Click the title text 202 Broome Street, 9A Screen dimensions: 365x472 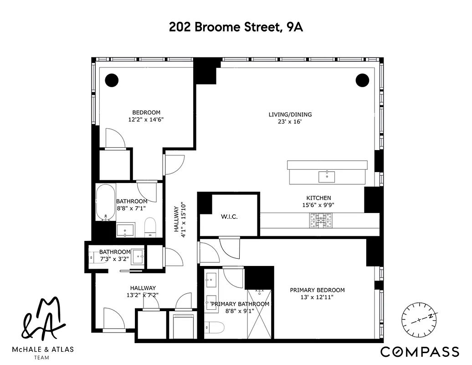(236, 27)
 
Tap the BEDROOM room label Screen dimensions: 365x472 (146, 113)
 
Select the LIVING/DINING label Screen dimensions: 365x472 (290, 115)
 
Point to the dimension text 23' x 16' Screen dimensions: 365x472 (290, 122)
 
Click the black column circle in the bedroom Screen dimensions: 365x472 (112, 80)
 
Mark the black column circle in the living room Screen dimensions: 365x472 (362, 80)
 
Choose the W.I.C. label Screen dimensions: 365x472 (229, 217)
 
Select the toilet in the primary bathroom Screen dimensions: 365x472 (215, 328)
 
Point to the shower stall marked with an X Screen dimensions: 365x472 (261, 314)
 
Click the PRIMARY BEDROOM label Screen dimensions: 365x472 (317, 290)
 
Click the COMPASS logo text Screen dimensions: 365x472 (420, 351)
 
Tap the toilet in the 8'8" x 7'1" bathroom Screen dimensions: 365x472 (150, 227)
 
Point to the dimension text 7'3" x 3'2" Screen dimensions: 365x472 (114, 259)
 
